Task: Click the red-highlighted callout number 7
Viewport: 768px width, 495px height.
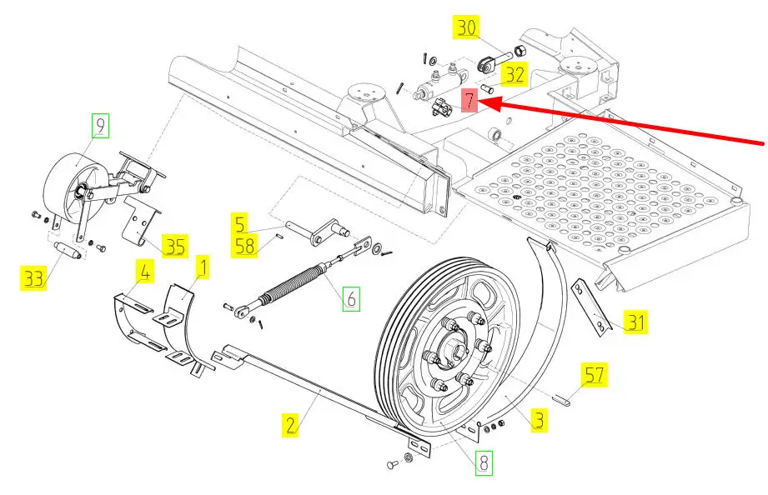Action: point(469,100)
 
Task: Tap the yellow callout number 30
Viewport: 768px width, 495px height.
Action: point(466,27)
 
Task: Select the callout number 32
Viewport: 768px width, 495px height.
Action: point(515,74)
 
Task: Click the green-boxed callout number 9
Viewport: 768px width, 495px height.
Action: point(100,126)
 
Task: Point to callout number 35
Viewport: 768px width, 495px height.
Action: point(175,246)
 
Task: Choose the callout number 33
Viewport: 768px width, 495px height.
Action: point(34,278)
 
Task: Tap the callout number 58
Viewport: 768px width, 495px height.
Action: point(245,246)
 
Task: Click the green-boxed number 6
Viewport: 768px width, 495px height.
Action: point(351,298)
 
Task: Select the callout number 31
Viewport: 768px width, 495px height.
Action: point(635,322)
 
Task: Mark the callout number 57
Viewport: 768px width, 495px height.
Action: point(594,374)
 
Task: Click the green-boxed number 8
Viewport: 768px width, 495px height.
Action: point(484,462)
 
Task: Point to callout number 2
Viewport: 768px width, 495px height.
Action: point(290,424)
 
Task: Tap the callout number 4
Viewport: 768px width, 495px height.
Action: point(145,272)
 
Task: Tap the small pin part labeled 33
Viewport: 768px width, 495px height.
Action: point(68,250)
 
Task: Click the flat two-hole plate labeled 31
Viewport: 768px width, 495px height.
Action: point(591,307)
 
